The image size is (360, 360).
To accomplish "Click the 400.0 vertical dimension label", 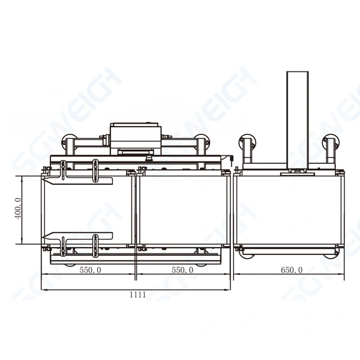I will [x=18, y=209].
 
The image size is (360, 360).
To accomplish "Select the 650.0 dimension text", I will [x=292, y=270].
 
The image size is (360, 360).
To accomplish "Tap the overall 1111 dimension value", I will [x=137, y=294].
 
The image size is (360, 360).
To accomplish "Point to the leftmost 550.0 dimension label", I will [x=90, y=270].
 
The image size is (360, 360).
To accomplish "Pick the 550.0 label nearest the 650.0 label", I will [x=182, y=270].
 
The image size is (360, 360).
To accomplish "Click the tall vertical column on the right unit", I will [x=297, y=120].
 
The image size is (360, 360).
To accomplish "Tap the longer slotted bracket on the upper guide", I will [x=95, y=170].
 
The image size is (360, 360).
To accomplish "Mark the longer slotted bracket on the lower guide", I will [x=95, y=245].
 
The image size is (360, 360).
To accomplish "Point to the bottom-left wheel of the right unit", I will [x=247, y=254].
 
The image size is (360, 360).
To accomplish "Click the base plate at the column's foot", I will [x=297, y=171].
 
